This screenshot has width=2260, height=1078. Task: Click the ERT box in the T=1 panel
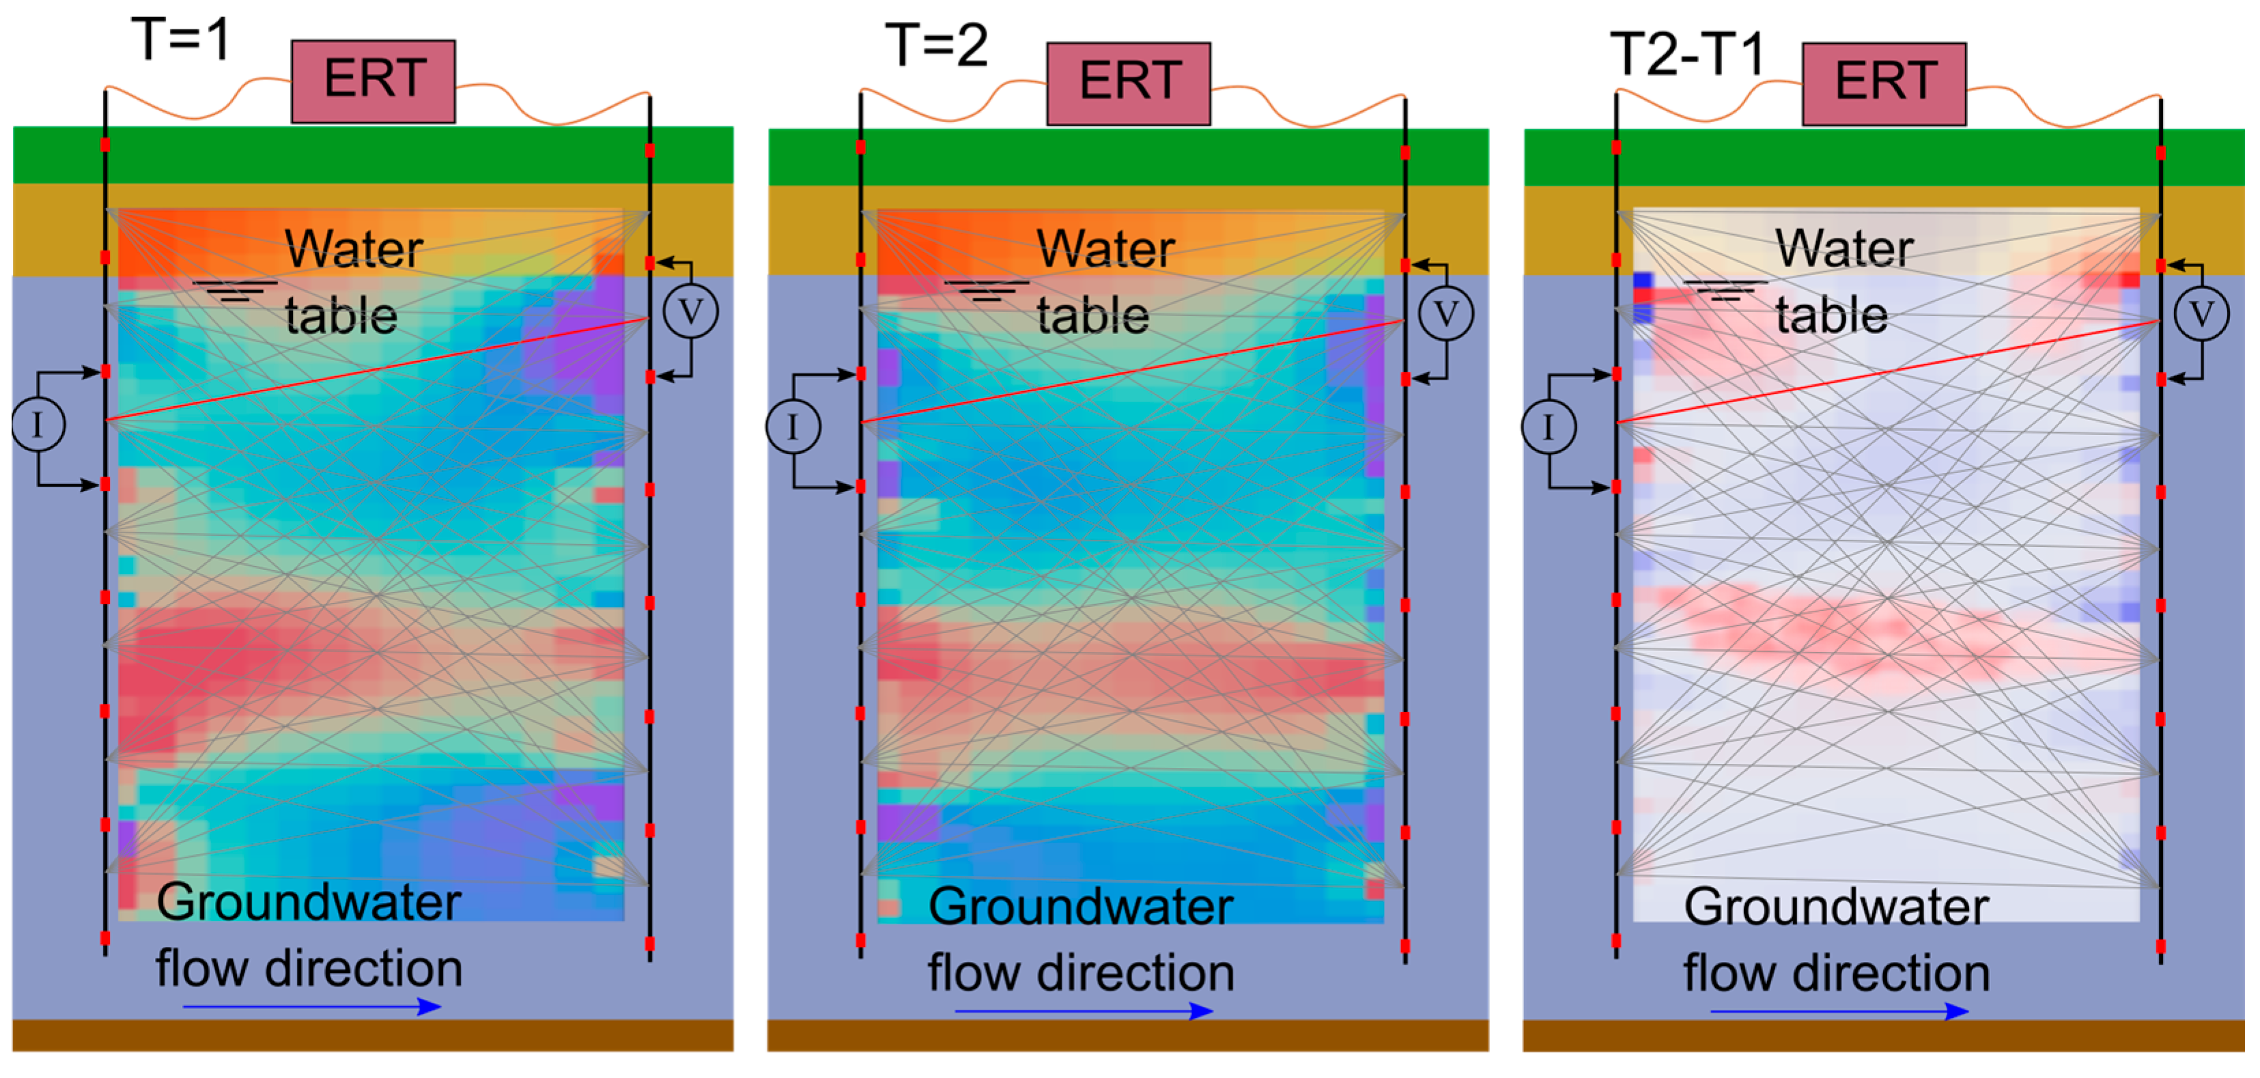(x=373, y=81)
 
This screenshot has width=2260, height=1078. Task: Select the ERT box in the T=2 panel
(x=1128, y=83)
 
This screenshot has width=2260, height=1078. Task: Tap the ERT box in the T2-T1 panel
(x=1884, y=83)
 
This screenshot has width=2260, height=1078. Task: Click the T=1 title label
(x=182, y=40)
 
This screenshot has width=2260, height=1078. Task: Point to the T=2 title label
(x=936, y=45)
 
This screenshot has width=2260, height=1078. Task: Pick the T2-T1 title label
(x=1686, y=53)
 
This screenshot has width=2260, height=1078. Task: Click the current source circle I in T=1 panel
(x=38, y=425)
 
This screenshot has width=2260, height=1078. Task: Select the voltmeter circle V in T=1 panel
(x=690, y=312)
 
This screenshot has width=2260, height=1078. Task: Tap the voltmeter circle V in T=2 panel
(x=1446, y=314)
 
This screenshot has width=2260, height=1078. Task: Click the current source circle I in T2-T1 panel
(x=1549, y=427)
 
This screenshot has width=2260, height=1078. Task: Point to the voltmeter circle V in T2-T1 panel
(x=2201, y=314)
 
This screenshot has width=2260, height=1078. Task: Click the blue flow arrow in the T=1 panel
(x=311, y=1007)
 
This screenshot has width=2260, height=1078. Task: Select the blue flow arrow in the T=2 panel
(x=1084, y=1011)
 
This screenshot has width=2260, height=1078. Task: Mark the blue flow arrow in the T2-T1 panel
(x=1839, y=1011)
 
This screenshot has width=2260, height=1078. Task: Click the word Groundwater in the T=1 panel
(x=309, y=903)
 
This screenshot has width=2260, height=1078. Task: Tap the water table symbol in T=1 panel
(x=235, y=290)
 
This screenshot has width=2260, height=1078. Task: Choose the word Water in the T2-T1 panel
(x=1844, y=249)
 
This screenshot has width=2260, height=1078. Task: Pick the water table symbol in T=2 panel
(x=987, y=290)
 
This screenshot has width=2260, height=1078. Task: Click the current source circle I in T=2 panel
(x=793, y=427)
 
